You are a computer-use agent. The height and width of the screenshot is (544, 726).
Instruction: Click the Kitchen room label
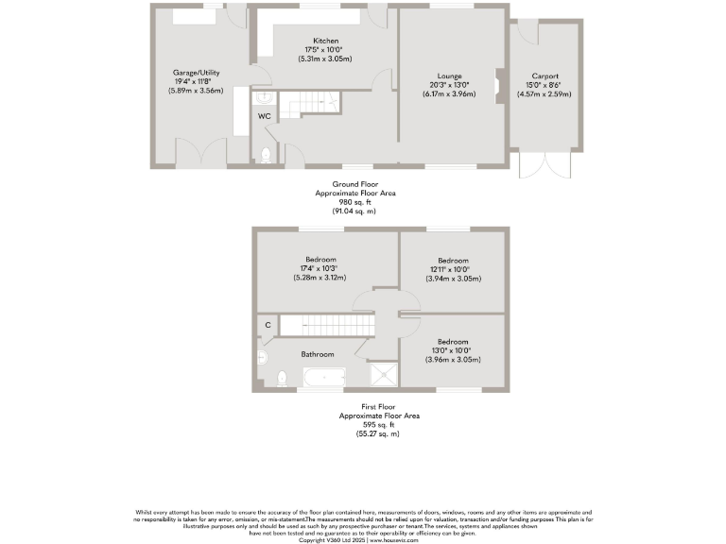point(326,42)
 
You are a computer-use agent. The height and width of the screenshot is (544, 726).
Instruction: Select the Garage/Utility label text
point(193,73)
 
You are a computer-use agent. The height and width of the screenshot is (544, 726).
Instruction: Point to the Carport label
point(544,76)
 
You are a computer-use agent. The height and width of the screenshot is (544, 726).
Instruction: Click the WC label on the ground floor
point(264,116)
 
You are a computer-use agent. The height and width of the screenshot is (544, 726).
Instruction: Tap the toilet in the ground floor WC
point(266,155)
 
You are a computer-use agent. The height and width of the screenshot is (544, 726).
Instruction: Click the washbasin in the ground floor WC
point(263,97)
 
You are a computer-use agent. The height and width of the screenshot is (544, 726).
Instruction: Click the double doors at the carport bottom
point(545,167)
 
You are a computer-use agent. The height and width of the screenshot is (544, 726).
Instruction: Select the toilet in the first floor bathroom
point(281,379)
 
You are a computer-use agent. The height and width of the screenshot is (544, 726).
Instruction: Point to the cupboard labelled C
point(268,325)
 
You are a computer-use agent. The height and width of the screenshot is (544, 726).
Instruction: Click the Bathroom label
point(318,354)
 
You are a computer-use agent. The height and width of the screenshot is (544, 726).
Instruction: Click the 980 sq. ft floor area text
point(354,201)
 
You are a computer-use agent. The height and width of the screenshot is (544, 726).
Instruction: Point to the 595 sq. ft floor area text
point(379,424)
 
